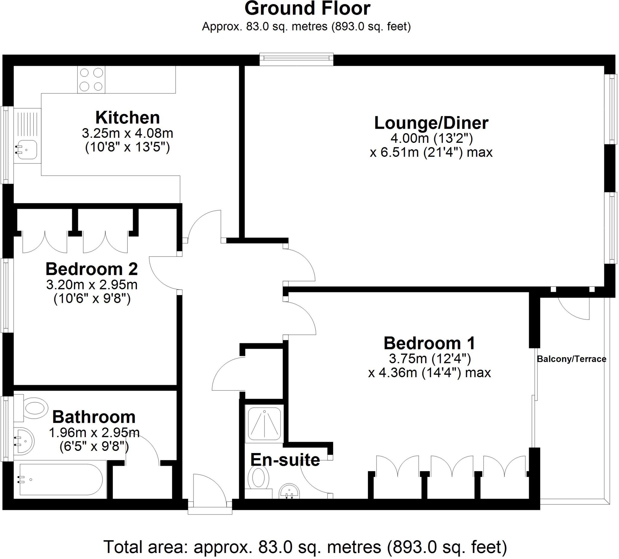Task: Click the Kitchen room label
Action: pyautogui.click(x=128, y=117)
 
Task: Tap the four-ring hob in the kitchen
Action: pyautogui.click(x=91, y=79)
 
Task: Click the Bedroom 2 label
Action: pyautogui.click(x=92, y=269)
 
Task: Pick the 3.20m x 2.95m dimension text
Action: pyautogui.click(x=92, y=285)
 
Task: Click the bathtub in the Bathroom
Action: pyautogui.click(x=60, y=479)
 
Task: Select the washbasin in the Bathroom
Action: pyautogui.click(x=24, y=441)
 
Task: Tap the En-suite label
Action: pyautogui.click(x=285, y=460)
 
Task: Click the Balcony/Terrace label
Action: pyautogui.click(x=571, y=359)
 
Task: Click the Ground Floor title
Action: pyautogui.click(x=307, y=8)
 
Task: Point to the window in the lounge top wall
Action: pyautogui.click(x=296, y=59)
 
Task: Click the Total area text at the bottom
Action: pyautogui.click(x=305, y=547)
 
